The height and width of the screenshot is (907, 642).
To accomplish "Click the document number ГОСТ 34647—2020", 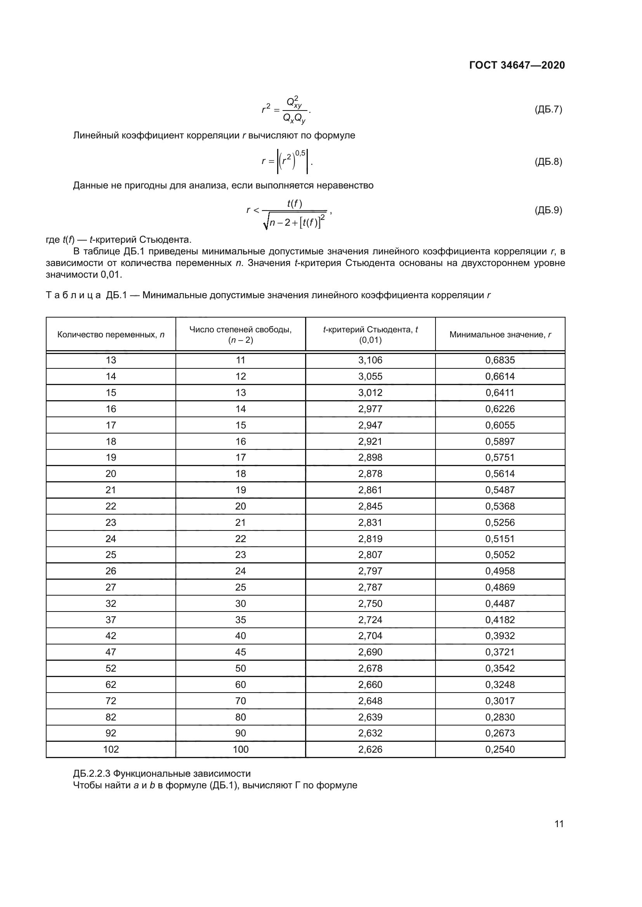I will [517, 65].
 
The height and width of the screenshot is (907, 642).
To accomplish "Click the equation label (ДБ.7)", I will [548, 109].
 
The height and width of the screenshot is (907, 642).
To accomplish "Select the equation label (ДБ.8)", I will [548, 161].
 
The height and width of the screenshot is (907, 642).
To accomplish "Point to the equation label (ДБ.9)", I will [548, 210].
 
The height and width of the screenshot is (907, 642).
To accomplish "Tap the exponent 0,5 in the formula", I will [300, 153].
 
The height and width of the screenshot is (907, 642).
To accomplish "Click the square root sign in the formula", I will [266, 224].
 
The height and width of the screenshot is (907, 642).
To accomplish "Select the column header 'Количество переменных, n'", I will [111, 335].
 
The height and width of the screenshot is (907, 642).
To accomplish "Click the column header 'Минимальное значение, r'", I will [500, 335].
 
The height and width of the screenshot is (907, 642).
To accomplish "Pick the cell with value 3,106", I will [370, 360].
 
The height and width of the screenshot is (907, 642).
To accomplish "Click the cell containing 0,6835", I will [500, 360].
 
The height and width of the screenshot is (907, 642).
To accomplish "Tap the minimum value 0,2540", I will [500, 750].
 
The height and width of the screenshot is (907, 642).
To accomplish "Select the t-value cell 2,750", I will [370, 604].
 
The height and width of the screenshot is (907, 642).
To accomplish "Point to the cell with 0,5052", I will [500, 555].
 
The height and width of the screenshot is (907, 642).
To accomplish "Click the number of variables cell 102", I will [111, 750].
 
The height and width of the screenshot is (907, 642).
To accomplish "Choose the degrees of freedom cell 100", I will [240, 750].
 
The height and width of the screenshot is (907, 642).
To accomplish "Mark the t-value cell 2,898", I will [370, 458].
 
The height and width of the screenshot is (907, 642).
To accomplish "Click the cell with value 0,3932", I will [500, 636].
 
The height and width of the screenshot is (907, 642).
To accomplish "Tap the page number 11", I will [559, 824].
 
